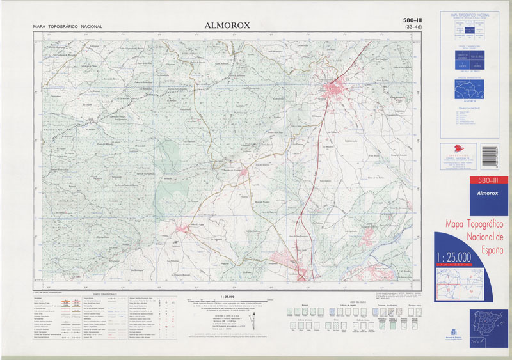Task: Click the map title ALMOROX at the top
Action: click(x=228, y=26)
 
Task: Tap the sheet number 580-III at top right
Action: click(x=408, y=20)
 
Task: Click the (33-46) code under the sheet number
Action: click(x=409, y=27)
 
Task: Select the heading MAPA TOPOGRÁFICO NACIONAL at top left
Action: click(x=68, y=27)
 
